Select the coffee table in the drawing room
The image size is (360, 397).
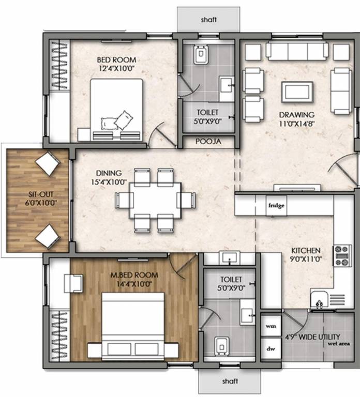297,93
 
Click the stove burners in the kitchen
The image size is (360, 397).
342,255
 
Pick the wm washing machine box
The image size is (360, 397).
270,327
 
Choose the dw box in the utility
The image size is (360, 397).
270,348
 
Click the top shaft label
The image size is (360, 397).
209,20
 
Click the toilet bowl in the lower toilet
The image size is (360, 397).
221,345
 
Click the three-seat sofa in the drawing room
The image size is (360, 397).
297,51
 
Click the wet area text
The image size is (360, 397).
339,343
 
